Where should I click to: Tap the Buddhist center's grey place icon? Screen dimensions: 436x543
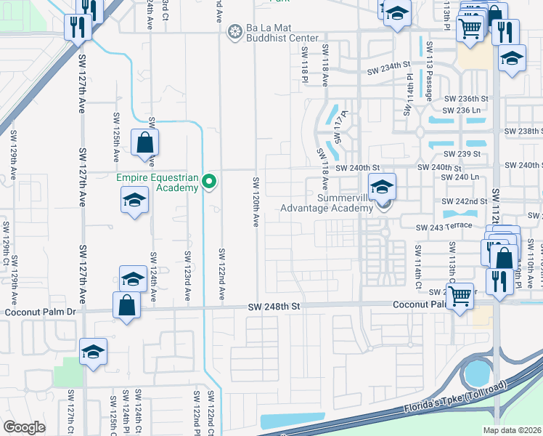234,31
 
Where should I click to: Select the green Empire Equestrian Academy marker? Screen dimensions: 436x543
209,181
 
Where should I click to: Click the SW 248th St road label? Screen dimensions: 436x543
275,308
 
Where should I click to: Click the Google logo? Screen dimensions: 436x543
24,427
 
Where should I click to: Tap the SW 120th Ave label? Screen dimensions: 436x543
256,201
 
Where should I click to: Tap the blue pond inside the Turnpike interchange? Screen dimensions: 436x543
477,374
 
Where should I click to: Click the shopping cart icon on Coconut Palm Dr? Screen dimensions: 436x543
460,296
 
